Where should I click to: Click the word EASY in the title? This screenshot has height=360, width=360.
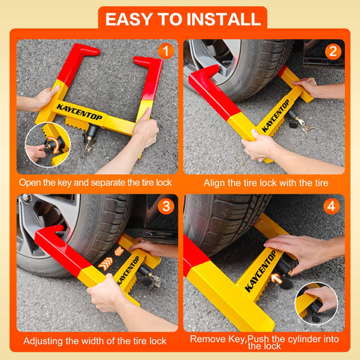[x=132, y=19]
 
